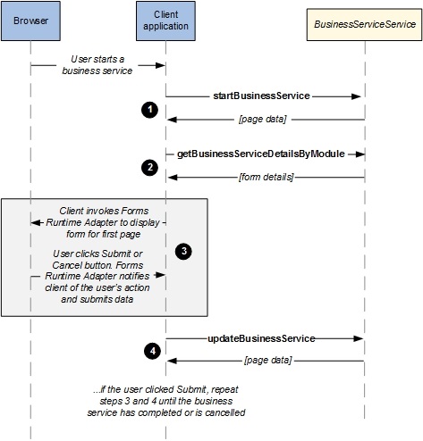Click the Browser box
tap(30, 21)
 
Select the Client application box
tap(165, 21)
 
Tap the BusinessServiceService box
tap(364, 24)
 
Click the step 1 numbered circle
tap(149, 110)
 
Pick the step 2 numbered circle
tap(149, 167)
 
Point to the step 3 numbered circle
tap(183, 251)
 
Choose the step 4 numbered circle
tap(152, 351)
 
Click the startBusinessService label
tap(261, 96)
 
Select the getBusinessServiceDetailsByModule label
tap(261, 154)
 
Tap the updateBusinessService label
tap(261, 338)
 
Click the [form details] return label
tap(266, 177)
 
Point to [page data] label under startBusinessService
tap(263, 120)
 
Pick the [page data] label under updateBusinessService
tap(268, 361)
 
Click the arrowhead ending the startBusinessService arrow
tap(356, 96)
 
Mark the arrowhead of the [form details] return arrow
tap(173, 178)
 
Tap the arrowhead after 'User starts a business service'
tap(160, 65)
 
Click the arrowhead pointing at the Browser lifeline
tap(36, 222)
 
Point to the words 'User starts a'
tap(97, 59)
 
